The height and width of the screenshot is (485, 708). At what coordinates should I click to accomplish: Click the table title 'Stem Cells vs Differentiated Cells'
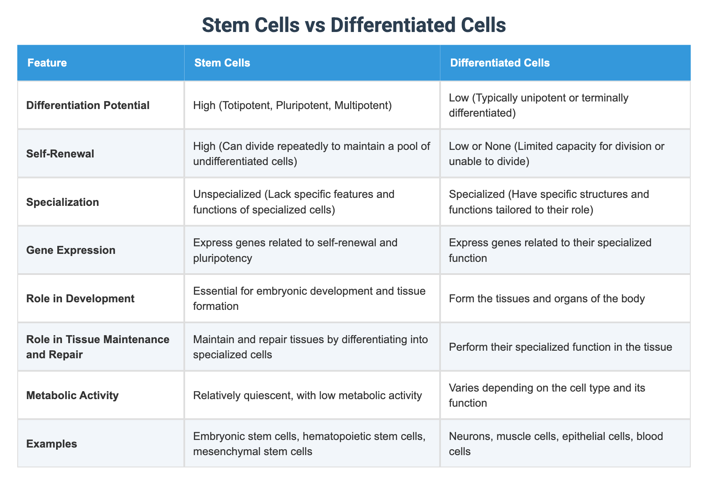tap(354, 25)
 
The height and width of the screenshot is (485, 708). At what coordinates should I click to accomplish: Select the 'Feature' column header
tap(47, 63)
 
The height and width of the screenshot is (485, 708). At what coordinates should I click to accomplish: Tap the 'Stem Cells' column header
tap(222, 63)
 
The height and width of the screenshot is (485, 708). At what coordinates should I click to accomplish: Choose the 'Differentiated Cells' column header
tap(500, 63)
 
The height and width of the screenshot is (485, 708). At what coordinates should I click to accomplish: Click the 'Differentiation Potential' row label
tap(88, 105)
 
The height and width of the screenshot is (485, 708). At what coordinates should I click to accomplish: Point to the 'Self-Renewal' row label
tap(60, 154)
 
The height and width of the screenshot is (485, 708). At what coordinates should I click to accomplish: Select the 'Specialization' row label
tap(62, 202)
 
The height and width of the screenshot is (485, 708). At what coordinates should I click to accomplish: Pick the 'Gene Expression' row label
tap(70, 250)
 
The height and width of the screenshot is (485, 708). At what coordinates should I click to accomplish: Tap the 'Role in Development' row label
tap(80, 298)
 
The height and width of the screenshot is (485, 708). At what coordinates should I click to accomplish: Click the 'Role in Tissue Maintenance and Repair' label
tap(98, 346)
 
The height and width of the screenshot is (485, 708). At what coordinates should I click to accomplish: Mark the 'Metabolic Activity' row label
tap(72, 395)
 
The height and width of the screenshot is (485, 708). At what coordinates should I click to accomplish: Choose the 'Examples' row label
tap(51, 444)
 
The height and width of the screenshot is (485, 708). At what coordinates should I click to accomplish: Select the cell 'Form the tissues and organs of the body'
tap(547, 298)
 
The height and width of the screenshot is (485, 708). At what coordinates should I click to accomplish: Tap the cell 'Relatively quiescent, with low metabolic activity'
tap(307, 395)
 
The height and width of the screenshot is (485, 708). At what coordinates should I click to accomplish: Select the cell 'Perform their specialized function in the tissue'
tap(560, 347)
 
